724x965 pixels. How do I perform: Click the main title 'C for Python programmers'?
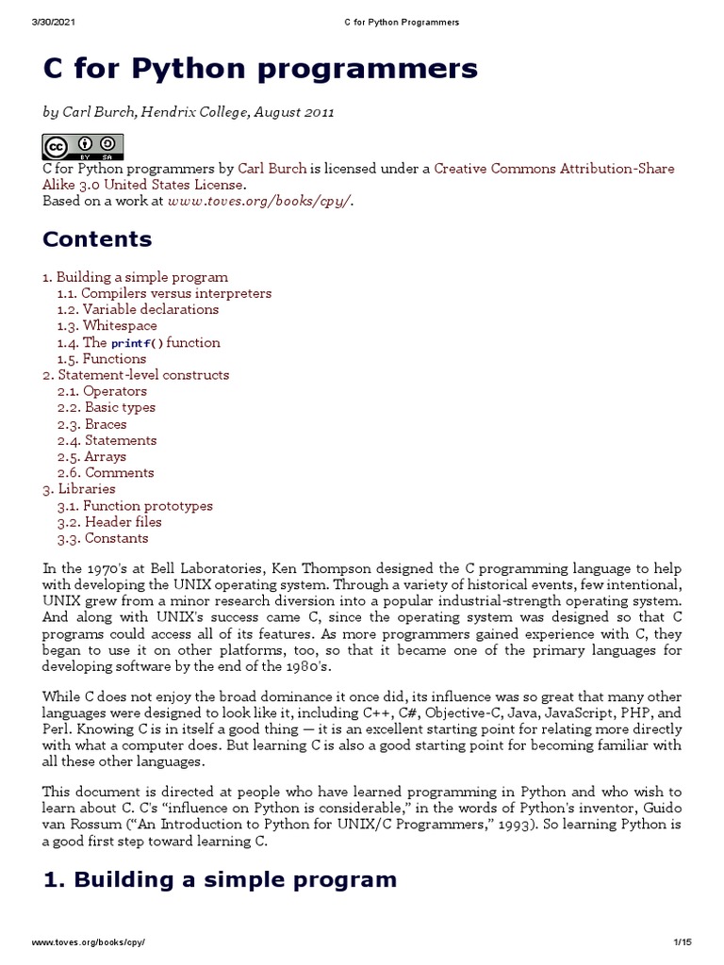[260, 69]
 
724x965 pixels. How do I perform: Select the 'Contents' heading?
[97, 239]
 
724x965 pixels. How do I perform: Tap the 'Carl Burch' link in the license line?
[271, 169]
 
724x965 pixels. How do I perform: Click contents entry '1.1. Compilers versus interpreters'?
[164, 293]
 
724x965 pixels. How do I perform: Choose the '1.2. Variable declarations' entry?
[138, 309]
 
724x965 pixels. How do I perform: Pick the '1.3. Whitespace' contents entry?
[107, 325]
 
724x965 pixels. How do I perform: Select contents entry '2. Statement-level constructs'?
[136, 374]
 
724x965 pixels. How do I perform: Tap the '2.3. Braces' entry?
[91, 424]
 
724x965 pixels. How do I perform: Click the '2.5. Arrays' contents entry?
[91, 456]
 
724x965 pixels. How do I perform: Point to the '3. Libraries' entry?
[79, 488]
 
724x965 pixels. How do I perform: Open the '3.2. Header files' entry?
[109, 521]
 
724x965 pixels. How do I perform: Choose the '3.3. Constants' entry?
[103, 538]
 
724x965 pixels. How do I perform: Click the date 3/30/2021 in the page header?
[55, 22]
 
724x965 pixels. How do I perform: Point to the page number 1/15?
[683, 941]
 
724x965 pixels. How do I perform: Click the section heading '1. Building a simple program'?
[220, 880]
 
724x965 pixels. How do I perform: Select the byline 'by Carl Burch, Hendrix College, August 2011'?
[189, 112]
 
